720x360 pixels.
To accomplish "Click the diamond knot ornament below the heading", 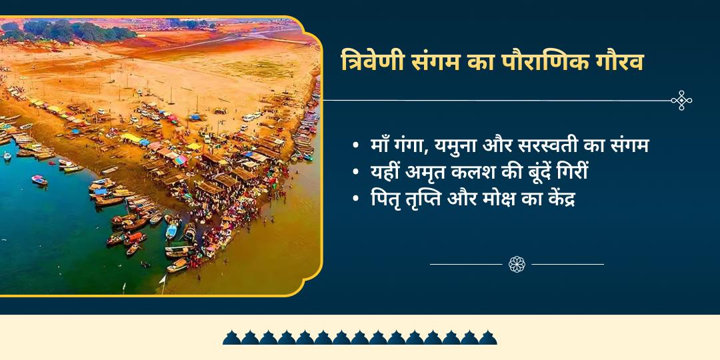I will [681, 101].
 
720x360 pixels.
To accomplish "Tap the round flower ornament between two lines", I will [517, 264].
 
